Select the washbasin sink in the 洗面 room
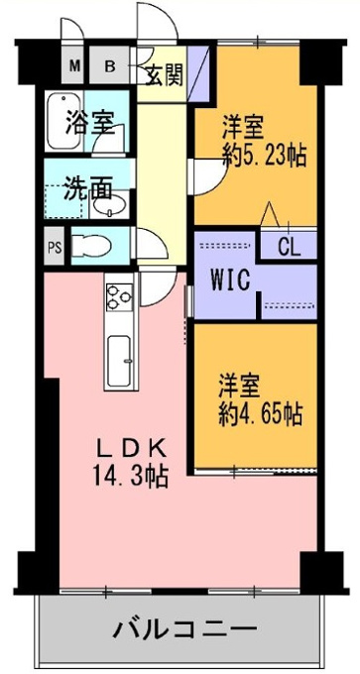pos(110,204)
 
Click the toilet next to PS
pos(91,246)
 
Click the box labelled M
pos(74,65)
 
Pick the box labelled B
pos(110,65)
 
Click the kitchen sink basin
pos(120,361)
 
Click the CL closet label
pos(289,248)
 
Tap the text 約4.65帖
pos(260,414)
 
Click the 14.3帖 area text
pos(131,476)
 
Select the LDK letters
pos(130,450)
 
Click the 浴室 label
pos(90,123)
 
